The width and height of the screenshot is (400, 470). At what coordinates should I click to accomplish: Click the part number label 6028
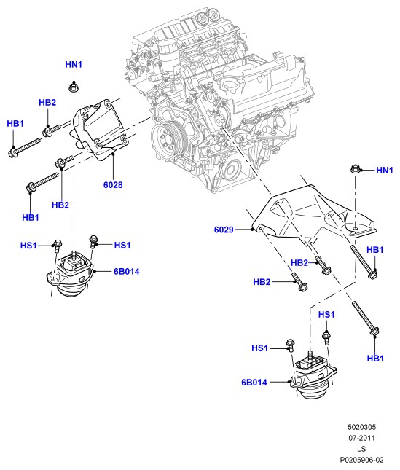point(113,185)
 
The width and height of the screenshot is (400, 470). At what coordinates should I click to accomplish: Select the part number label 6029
point(224,230)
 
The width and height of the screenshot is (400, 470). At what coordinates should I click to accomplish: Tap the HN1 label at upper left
point(74,64)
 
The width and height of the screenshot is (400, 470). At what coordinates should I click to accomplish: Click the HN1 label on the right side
point(385,171)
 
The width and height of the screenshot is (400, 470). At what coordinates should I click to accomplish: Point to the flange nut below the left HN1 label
point(73,87)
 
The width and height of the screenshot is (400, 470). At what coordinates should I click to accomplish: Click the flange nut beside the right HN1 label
point(356,169)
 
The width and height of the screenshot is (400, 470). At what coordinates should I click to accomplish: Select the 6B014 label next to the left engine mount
point(127,272)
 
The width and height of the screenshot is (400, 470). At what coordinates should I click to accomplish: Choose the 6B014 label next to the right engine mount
point(254,383)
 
